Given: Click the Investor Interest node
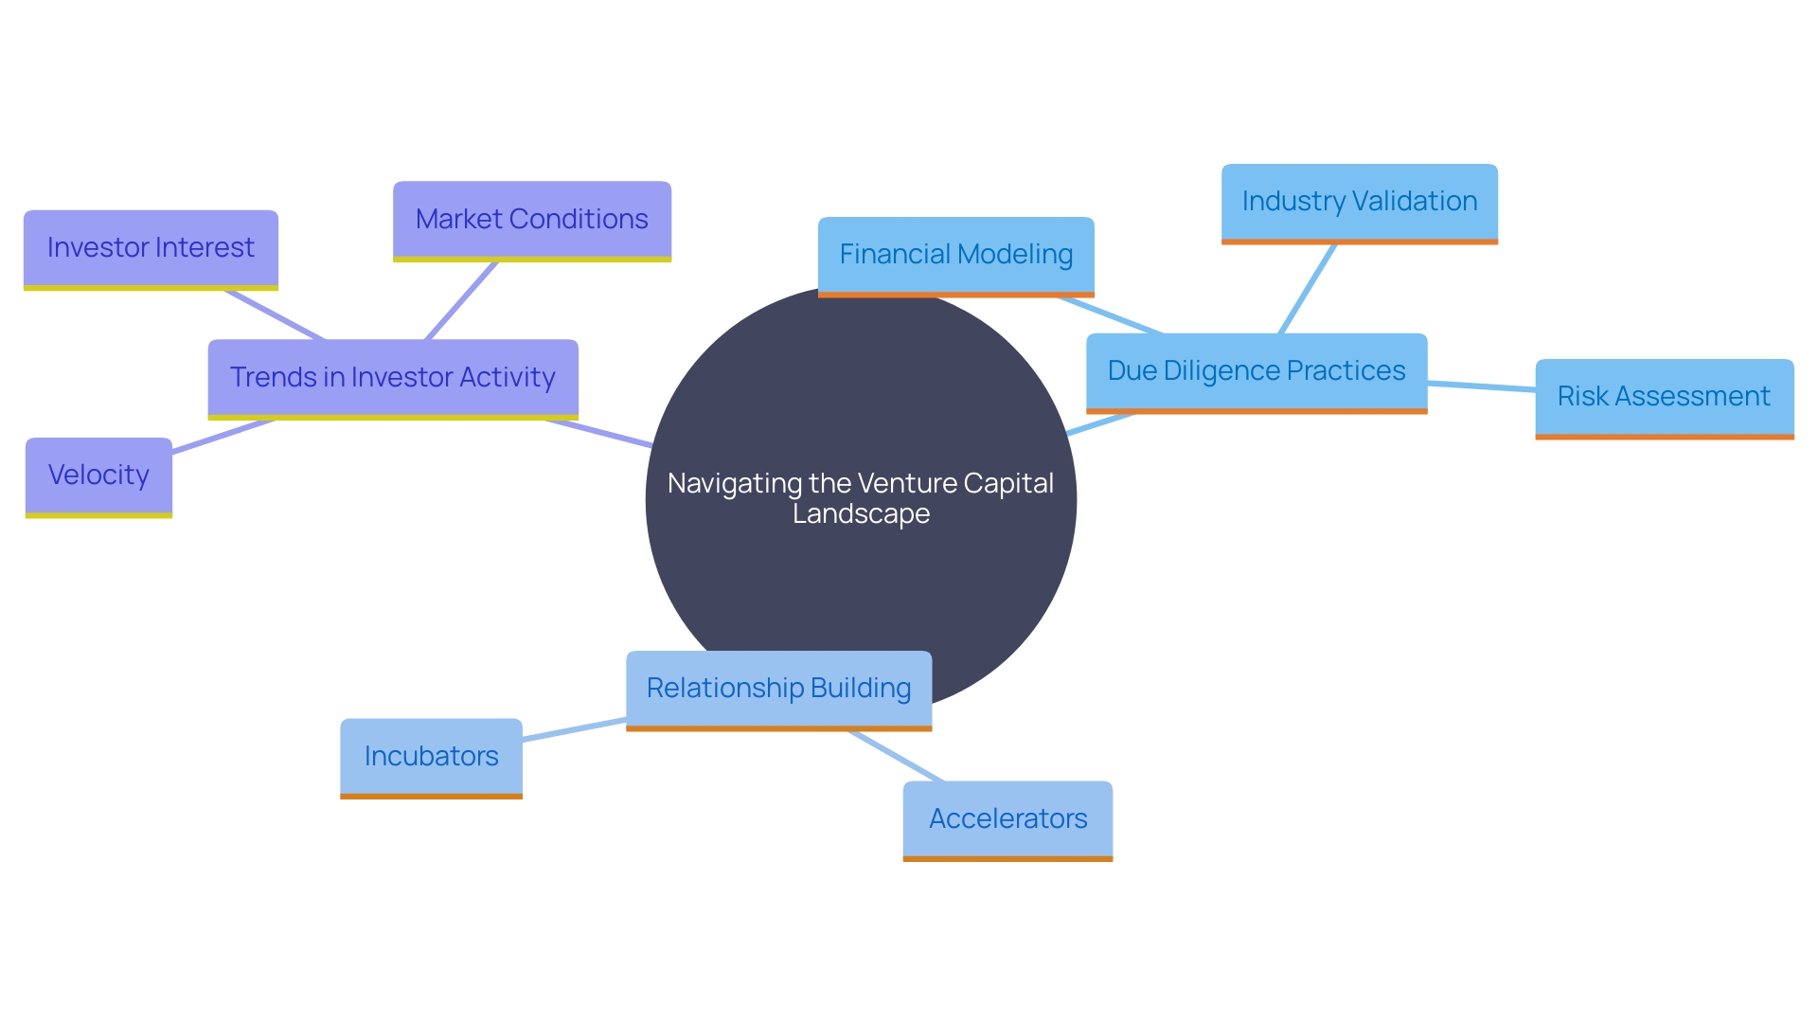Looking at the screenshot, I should point(151,248).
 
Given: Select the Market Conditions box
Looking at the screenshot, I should point(531,220).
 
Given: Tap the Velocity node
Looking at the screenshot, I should point(98,476).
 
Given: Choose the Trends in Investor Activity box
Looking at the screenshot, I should point(392,377).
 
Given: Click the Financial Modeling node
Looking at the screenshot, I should point(955,255).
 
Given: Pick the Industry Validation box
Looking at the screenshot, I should point(1359,202).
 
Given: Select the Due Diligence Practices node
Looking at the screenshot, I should point(1256,371).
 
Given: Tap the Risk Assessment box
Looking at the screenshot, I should point(1664,397).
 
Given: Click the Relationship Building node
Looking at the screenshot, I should point(778,689).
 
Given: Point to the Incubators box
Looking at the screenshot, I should point(431,757).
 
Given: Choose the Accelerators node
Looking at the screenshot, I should point(1007,819).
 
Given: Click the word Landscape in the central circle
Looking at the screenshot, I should point(861,514).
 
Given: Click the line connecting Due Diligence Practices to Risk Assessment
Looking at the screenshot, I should point(1481,386).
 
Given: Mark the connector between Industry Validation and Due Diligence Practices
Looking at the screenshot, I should point(1308,289).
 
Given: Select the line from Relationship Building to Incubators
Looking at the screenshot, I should point(574,729).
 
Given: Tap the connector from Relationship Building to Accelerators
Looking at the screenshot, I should point(896,756).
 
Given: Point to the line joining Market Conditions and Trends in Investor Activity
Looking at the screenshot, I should point(461,300).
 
